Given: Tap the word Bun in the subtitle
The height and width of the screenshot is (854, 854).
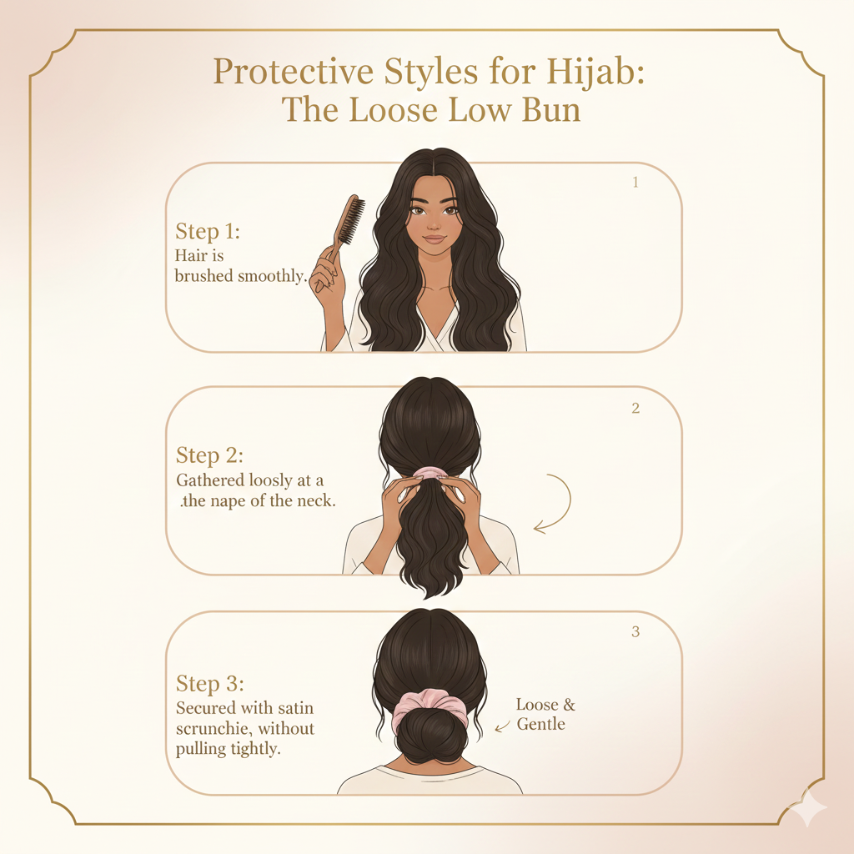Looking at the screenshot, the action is pyautogui.click(x=551, y=110).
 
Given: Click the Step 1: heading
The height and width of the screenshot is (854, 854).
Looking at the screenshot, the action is pyautogui.click(x=208, y=232).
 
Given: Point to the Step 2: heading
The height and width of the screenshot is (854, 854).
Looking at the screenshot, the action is pyautogui.click(x=209, y=455).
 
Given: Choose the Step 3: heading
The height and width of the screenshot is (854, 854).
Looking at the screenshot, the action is pyautogui.click(x=209, y=684).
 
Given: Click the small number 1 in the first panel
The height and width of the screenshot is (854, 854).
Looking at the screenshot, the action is pyautogui.click(x=635, y=183).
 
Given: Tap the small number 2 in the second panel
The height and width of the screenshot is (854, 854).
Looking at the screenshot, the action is pyautogui.click(x=635, y=409).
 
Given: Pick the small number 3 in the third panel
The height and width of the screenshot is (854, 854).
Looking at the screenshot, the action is pyautogui.click(x=635, y=632).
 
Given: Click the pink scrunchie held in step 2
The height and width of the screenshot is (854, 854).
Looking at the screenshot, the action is pyautogui.click(x=430, y=472).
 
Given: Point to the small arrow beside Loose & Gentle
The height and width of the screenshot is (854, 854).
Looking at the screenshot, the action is pyautogui.click(x=502, y=726).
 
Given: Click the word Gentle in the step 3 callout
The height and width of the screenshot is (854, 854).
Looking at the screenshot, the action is pyautogui.click(x=540, y=725).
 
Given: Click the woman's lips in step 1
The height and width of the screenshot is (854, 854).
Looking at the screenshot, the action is pyautogui.click(x=435, y=239).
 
